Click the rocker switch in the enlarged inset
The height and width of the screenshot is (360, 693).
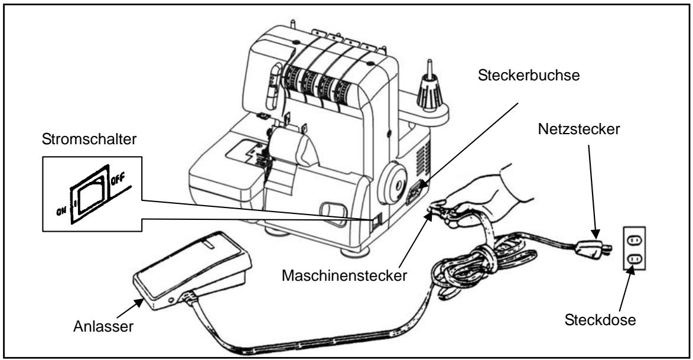[90, 194]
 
